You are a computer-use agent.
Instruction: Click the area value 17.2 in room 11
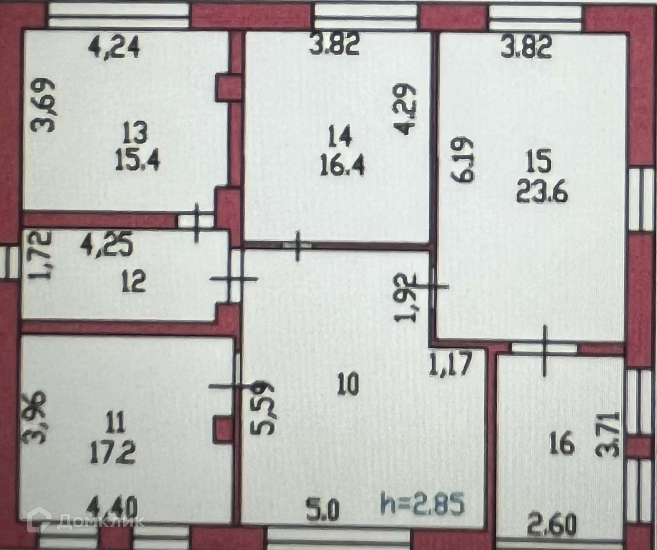click(x=113, y=452)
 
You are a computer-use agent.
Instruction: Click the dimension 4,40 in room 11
click(x=112, y=509)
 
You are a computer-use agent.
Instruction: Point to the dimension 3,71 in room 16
click(x=608, y=434)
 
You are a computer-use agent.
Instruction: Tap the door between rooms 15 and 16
click(x=545, y=349)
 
